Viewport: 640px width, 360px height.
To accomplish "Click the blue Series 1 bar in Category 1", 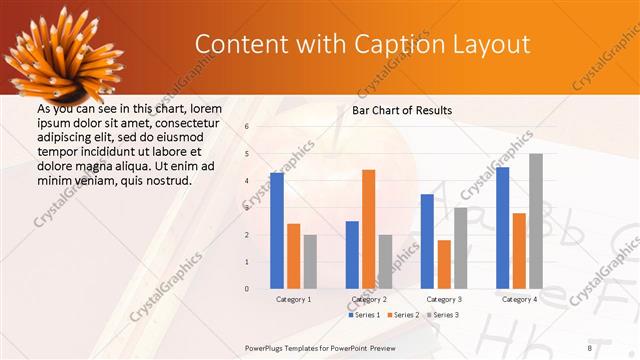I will [x=277, y=230].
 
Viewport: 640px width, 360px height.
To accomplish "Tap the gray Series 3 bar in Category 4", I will [x=536, y=221].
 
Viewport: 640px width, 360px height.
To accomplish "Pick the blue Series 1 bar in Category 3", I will [x=427, y=241].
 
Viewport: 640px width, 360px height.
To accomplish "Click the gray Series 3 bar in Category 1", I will [x=310, y=261].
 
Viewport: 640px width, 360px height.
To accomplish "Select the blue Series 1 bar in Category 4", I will [x=502, y=227].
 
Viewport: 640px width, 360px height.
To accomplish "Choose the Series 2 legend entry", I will [x=402, y=315].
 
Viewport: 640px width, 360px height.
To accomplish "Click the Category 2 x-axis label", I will [x=369, y=299].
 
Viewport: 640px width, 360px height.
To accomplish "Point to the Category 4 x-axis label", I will [x=519, y=299].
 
